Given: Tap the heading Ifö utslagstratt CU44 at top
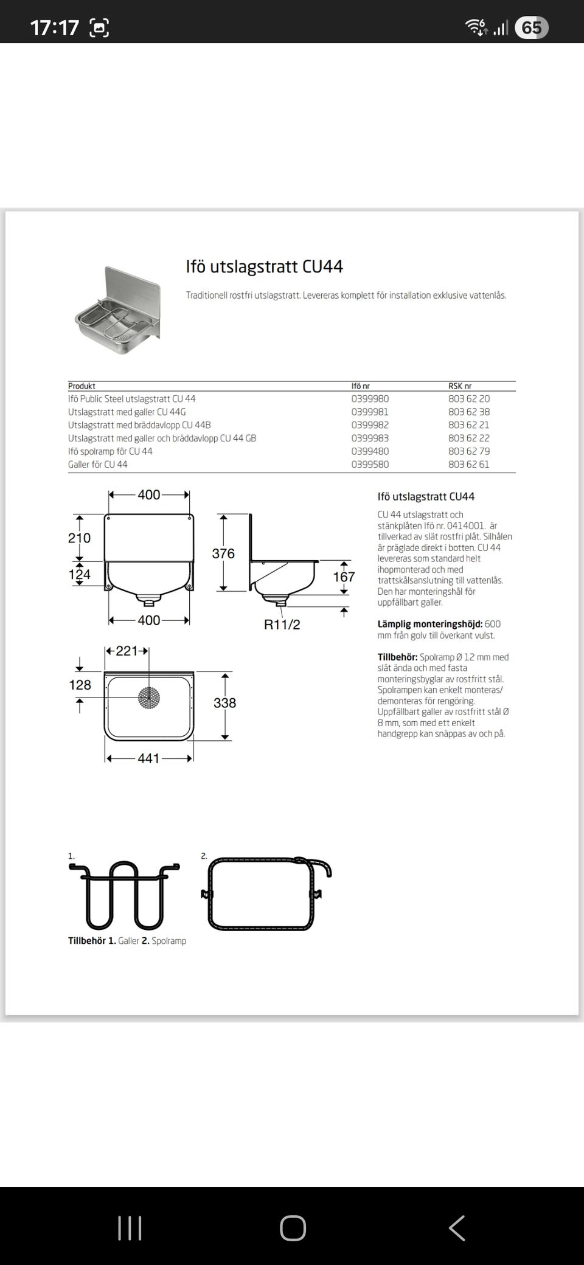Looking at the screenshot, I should [x=264, y=267].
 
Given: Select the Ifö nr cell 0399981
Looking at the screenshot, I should [x=370, y=412].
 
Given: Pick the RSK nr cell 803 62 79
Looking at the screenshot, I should [x=468, y=451].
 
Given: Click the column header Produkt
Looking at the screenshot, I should [x=82, y=386].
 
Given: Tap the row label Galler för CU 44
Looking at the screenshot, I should [x=98, y=465].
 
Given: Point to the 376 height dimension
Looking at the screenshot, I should [x=223, y=553].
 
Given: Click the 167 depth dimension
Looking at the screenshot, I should [x=344, y=577].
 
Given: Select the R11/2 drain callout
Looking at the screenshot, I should [x=282, y=625].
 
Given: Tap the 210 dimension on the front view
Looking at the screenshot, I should [x=79, y=538].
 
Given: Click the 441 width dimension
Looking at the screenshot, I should [x=148, y=758].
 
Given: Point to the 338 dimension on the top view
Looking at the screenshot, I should [x=224, y=703].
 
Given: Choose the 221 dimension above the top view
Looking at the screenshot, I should [x=127, y=651].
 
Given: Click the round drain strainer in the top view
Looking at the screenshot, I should [x=149, y=698].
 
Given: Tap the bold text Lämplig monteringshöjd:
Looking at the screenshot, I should [x=429, y=624].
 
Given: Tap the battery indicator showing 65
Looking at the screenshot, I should [x=531, y=27].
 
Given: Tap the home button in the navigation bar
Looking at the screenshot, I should [x=293, y=1228].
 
